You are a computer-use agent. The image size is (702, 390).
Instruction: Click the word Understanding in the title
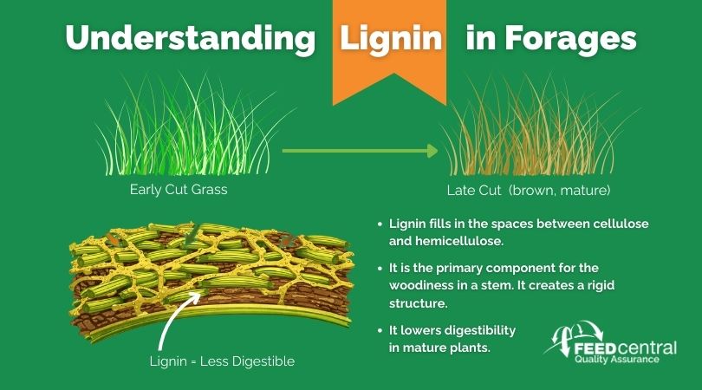tap(191, 39)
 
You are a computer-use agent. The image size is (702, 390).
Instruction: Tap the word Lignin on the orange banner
tap(391, 38)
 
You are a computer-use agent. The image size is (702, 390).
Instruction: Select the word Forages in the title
tap(570, 39)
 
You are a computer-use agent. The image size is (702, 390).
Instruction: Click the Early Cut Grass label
tap(179, 190)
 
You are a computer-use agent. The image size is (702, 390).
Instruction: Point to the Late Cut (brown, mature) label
tap(529, 191)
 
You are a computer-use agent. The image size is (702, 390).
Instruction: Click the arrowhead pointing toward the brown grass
tap(432, 151)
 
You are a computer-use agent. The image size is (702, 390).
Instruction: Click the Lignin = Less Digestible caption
tap(222, 361)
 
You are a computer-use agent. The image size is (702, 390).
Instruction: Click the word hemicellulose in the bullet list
tap(446, 241)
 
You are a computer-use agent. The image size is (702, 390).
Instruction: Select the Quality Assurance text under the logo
tap(617, 359)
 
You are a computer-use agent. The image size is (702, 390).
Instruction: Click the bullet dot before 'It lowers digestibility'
tap(380, 331)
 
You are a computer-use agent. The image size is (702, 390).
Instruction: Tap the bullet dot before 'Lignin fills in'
tap(380, 224)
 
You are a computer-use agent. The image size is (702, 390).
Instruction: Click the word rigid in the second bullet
tap(601, 286)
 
